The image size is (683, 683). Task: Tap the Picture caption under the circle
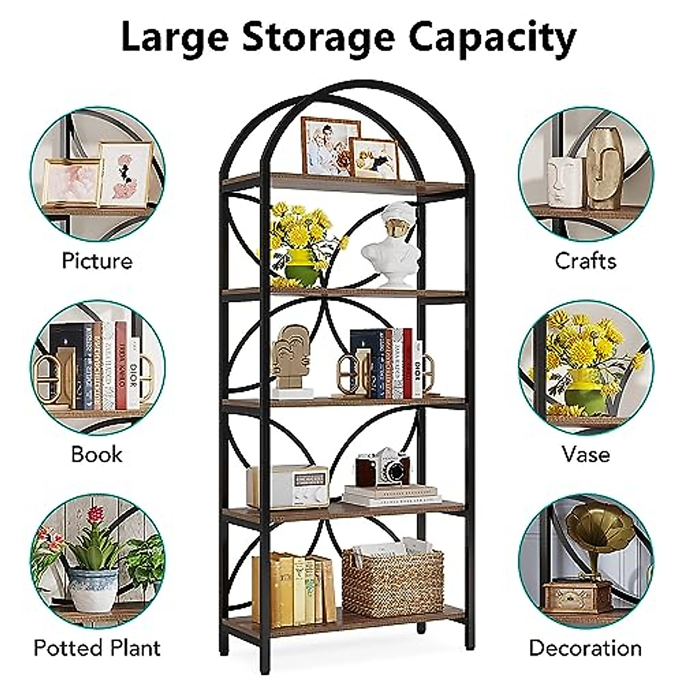click(97, 261)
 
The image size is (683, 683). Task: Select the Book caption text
click(97, 454)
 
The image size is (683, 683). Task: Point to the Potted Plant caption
click(97, 648)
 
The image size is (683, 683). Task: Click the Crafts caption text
click(585, 261)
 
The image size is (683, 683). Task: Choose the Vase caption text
click(585, 454)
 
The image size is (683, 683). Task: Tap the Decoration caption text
click(585, 648)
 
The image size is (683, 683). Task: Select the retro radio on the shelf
click(289, 486)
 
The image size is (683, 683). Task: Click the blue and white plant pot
click(93, 589)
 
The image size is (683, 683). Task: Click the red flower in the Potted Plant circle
click(96, 516)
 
